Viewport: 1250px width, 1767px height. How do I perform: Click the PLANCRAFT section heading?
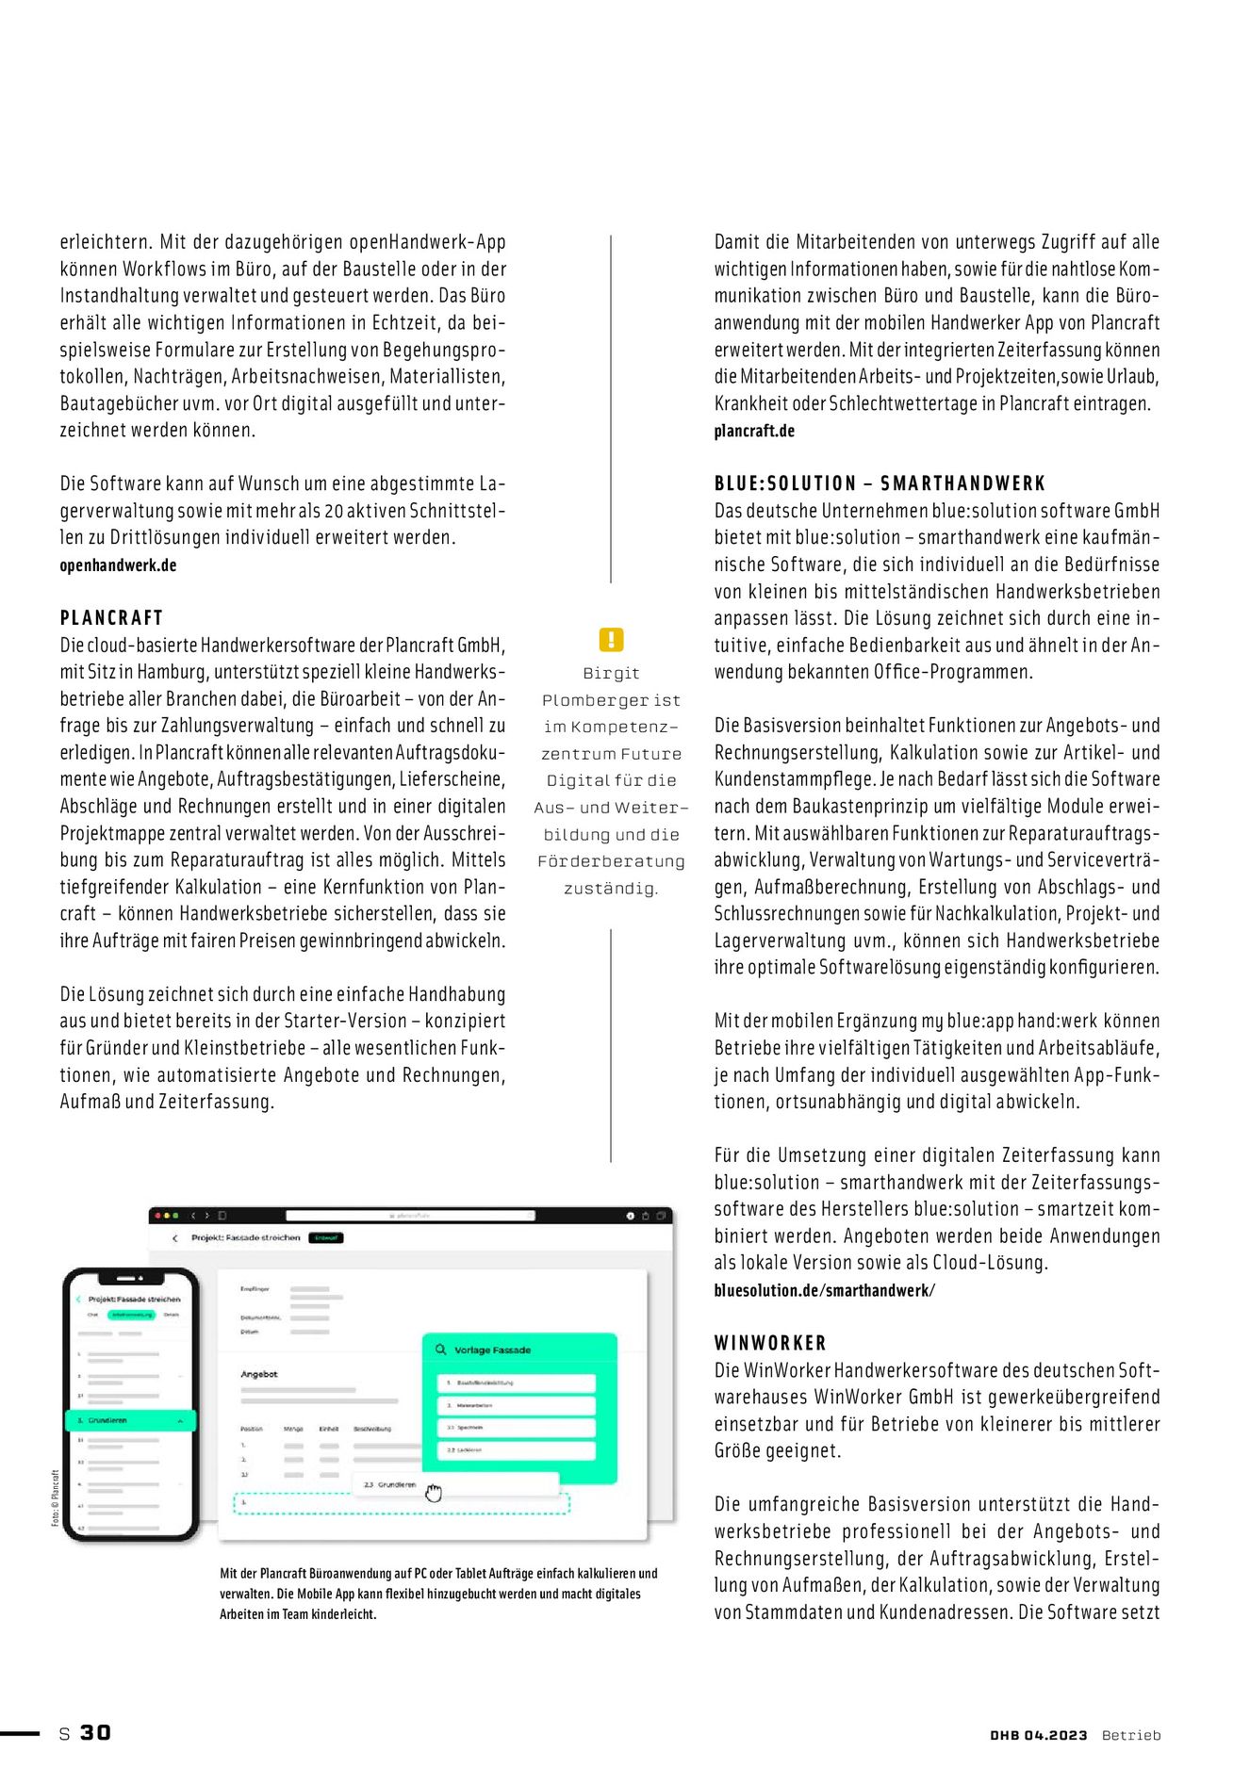pyautogui.click(x=111, y=618)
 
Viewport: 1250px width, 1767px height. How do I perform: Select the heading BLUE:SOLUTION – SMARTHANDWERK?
pyautogui.click(x=880, y=483)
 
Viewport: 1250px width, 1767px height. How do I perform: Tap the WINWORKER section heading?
pyautogui.click(x=769, y=1343)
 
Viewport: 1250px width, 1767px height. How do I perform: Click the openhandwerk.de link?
pyautogui.click(x=118, y=565)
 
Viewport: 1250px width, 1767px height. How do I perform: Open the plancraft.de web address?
pyautogui.click(x=754, y=431)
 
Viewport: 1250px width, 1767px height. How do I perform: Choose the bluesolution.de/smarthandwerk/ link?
pyautogui.click(x=824, y=1290)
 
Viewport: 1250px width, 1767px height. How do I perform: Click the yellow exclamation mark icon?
pyautogui.click(x=611, y=640)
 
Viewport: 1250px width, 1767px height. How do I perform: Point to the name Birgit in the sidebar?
pyautogui.click(x=611, y=673)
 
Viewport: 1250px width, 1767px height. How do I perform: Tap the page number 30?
pyautogui.click(x=95, y=1732)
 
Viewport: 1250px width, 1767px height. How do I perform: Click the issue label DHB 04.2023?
pyautogui.click(x=1038, y=1735)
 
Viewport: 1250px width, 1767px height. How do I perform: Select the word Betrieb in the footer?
pyautogui.click(x=1131, y=1735)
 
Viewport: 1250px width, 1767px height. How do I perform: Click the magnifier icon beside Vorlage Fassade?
pyautogui.click(x=440, y=1350)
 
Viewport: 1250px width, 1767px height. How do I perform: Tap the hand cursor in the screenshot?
pyautogui.click(x=433, y=1493)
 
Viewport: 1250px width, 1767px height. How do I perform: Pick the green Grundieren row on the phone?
pyautogui.click(x=130, y=1420)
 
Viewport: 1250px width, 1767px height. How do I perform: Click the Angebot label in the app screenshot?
pyautogui.click(x=259, y=1374)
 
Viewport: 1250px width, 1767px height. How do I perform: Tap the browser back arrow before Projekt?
pyautogui.click(x=175, y=1238)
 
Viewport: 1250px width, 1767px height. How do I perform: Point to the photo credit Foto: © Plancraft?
pyautogui.click(x=56, y=1498)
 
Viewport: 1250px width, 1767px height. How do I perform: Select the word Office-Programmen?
pyautogui.click(x=980, y=672)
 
